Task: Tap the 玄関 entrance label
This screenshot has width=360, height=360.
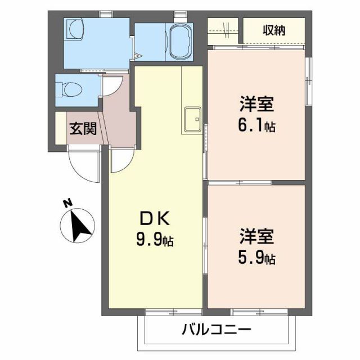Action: pos(82,128)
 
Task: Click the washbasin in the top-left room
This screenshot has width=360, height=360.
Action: pos(74,28)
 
